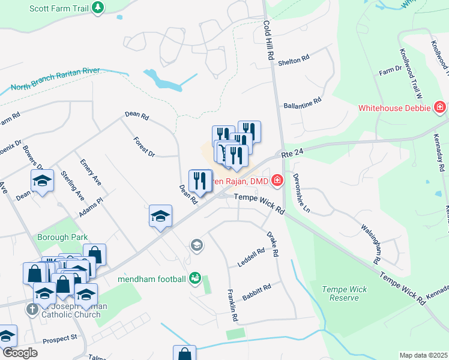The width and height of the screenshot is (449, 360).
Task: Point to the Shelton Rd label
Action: coord(297,58)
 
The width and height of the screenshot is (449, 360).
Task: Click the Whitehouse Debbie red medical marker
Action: coord(439,108)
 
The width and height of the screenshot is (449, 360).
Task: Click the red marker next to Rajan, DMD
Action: coord(277,179)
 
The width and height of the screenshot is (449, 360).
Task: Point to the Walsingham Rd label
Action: coord(370,244)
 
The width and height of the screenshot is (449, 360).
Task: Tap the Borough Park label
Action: coord(62,237)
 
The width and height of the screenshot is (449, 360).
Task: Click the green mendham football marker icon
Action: coord(194,277)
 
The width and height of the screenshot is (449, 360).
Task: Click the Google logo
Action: coord(19,353)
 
